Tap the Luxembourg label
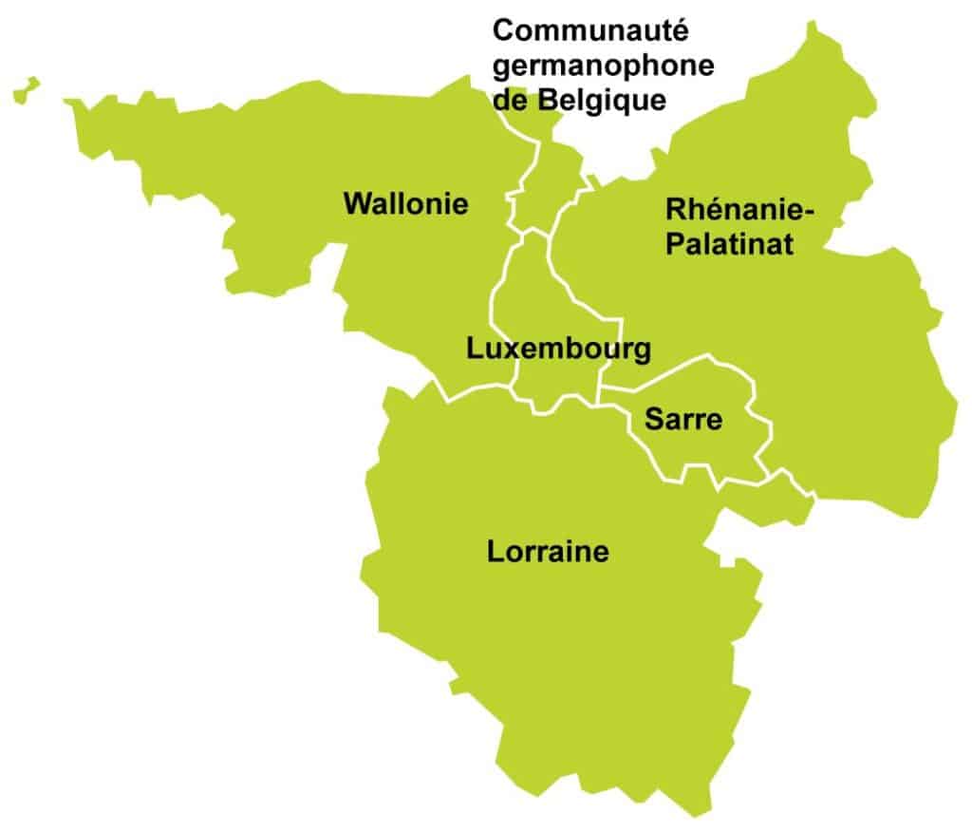coord(559,349)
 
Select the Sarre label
coord(683,419)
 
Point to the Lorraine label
coord(548,551)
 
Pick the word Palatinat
coord(729,244)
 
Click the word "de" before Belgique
coord(510,99)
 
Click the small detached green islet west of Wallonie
coord(26,90)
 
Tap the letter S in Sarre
coord(654,419)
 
